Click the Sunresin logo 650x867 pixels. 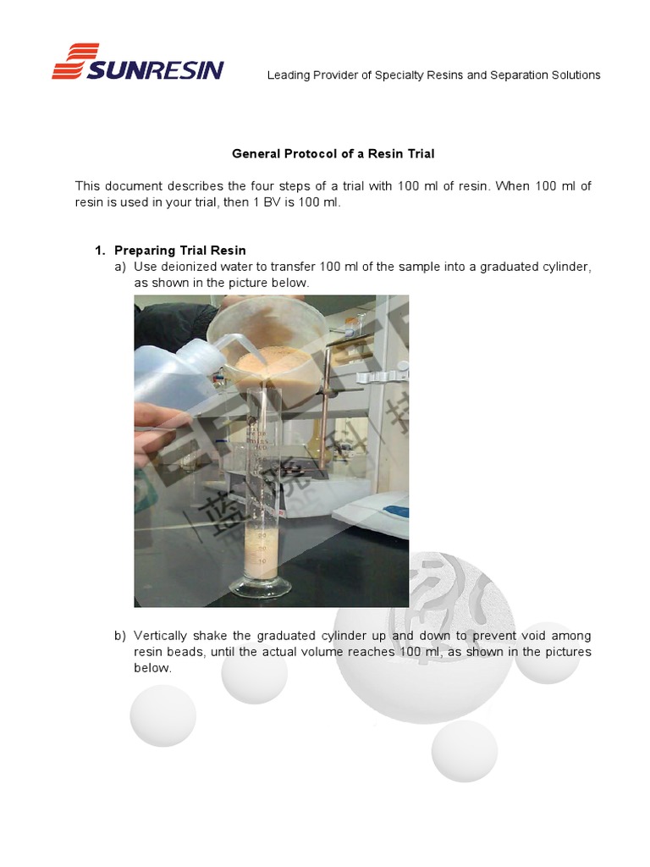(137, 63)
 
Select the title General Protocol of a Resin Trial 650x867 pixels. (333, 154)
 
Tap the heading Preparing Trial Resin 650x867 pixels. (179, 251)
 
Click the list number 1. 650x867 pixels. (99, 251)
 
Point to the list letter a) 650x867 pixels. (119, 268)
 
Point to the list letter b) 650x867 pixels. (119, 636)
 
